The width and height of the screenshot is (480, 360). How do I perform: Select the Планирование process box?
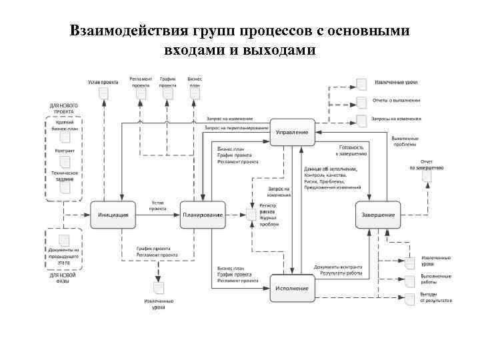(202, 214)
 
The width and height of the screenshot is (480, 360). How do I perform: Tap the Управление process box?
(292, 132)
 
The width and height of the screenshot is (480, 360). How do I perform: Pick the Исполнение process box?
(292, 287)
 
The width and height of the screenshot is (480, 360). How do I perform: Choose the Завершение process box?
(378, 214)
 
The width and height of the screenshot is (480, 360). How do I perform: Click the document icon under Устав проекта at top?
(103, 94)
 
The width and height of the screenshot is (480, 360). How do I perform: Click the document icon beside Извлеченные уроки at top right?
(361, 83)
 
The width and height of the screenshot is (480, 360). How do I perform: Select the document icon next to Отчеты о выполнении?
(361, 102)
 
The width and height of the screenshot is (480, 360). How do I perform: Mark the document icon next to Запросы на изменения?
(361, 120)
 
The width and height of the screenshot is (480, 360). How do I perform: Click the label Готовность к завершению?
(352, 150)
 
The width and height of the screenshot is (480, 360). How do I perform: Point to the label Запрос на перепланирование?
(236, 127)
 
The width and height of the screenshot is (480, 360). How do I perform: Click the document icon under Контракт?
(65, 161)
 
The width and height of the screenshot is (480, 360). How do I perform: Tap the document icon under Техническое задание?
(65, 187)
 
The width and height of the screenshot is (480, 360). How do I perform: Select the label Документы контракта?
(338, 267)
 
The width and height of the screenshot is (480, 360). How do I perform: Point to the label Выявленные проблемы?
(424, 141)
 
